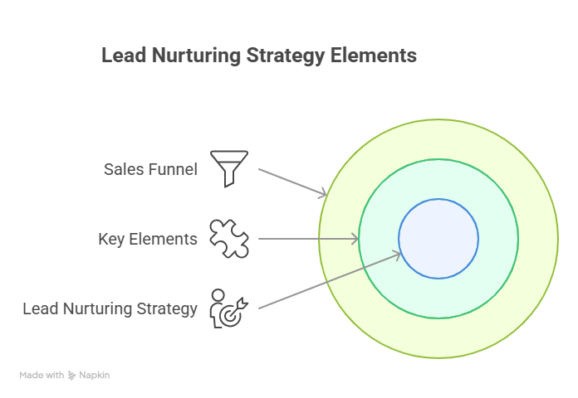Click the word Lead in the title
pos(124,56)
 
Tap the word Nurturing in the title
pos(196,56)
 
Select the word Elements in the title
pos(374,56)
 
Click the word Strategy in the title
pos(286,56)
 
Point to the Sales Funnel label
pos(151,169)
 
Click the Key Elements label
pos(148,239)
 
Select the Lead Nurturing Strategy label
pos(110,308)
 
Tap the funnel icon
pos(229,168)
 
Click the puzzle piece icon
pos(229,239)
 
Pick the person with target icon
pos(228,308)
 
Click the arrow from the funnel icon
pos(292,182)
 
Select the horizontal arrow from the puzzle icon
pos(308,239)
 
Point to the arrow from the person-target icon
pos(330,280)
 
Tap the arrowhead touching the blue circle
pos(397,255)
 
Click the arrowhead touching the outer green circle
pos(323,194)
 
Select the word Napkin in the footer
pos(95,375)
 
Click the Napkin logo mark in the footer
pos(72,375)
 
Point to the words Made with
pos(42,375)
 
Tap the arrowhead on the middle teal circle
pos(355,239)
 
